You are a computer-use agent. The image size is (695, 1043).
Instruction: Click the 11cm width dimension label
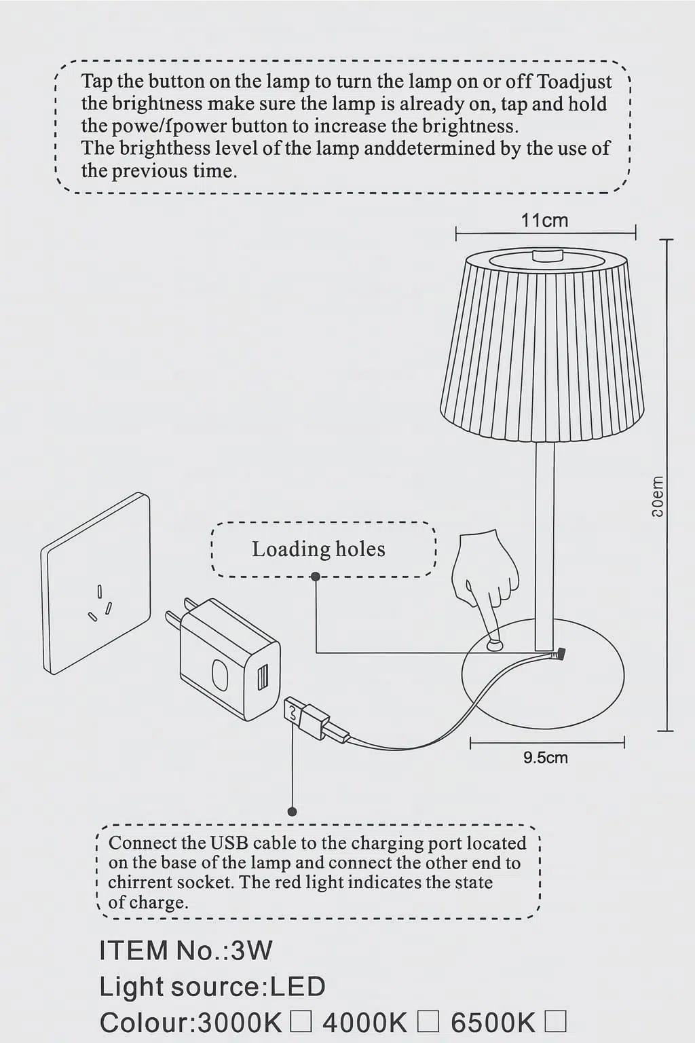[x=544, y=221]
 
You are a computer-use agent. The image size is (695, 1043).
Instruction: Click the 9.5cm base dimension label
[x=545, y=758]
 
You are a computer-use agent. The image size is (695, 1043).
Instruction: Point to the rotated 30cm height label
[x=657, y=496]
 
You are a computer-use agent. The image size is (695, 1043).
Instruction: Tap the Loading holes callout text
[x=318, y=549]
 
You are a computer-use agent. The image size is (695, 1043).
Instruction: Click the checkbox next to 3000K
[x=301, y=1021]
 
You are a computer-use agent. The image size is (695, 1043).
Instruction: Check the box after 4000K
[x=428, y=1021]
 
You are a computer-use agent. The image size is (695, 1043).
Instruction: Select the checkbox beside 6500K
[x=555, y=1021]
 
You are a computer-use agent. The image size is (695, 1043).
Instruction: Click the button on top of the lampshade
[x=548, y=256]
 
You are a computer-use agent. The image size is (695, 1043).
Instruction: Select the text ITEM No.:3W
[x=185, y=950]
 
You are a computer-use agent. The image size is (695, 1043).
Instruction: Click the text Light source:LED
[x=212, y=987]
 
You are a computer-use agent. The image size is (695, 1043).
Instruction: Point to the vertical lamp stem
[x=544, y=543]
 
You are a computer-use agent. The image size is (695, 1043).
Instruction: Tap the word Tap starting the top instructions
[x=97, y=81]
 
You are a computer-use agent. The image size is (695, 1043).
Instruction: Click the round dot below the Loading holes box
[x=316, y=577]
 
